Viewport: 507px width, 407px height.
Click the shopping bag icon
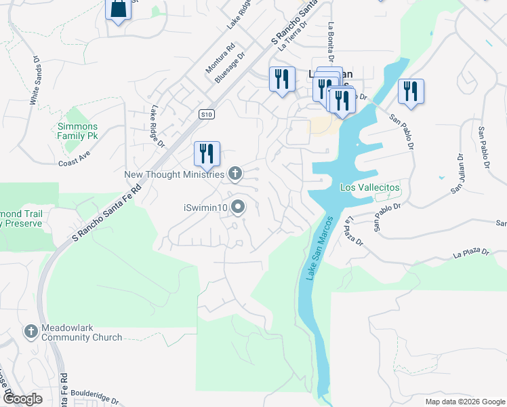point(119,9)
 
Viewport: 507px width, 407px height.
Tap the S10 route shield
point(207,115)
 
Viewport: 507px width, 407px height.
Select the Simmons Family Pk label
point(77,132)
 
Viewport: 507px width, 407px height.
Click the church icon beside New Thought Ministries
point(235,174)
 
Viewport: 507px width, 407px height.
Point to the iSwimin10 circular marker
point(238,206)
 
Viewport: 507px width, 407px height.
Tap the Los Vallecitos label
point(370,187)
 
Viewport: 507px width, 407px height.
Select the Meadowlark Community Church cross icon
point(31,332)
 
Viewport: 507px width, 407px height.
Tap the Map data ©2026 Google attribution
point(464,402)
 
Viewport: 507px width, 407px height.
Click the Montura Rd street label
point(220,58)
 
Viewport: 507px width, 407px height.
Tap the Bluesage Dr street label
point(230,69)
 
